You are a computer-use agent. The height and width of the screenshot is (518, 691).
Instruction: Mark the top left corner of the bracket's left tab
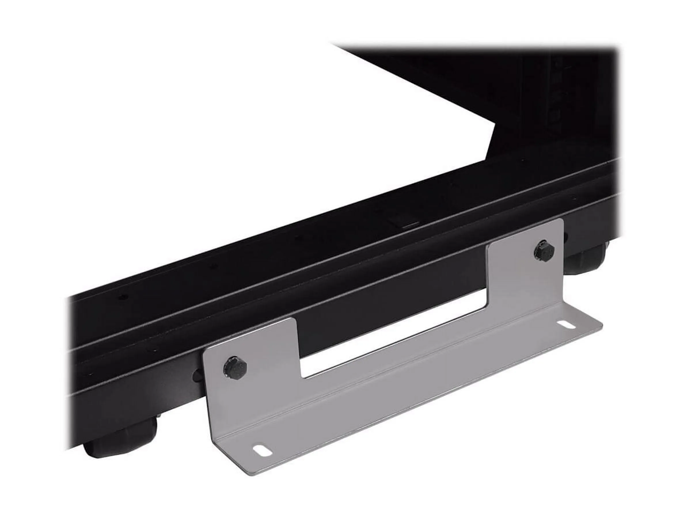[203, 352]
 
